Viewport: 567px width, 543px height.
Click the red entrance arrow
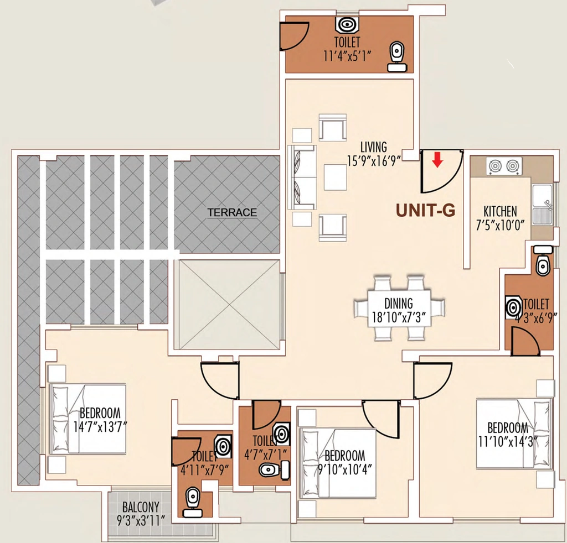tap(437, 160)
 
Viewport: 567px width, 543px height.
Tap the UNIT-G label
tap(425, 210)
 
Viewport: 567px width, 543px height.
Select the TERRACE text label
tap(232, 212)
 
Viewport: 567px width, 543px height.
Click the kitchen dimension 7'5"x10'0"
tap(500, 225)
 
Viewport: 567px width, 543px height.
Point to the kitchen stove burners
tap(503, 166)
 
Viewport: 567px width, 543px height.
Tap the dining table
tap(399, 309)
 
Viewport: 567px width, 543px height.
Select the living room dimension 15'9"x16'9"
tap(374, 160)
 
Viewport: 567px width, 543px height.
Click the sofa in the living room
tap(302, 177)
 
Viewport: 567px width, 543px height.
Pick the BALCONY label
tap(141, 507)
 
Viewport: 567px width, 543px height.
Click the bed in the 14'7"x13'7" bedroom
tap(88, 419)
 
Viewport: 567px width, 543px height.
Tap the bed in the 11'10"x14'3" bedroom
tap(514, 434)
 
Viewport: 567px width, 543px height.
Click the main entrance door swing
tap(442, 171)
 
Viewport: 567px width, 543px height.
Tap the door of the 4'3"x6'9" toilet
tap(525, 341)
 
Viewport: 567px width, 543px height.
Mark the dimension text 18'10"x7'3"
tap(399, 317)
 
